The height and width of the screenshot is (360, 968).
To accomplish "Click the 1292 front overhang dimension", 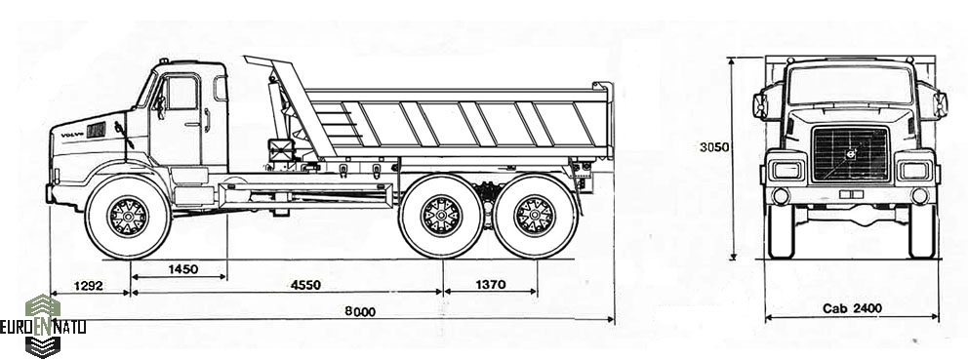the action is click(x=88, y=286).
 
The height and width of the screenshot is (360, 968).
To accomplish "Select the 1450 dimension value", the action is click(x=182, y=269).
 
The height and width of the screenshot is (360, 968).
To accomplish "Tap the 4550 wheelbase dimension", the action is click(x=305, y=285).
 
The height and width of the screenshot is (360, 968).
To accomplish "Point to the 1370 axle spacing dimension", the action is click(x=490, y=285).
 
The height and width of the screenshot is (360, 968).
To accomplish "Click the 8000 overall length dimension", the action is click(x=360, y=312).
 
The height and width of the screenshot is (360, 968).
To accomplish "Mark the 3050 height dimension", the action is click(x=714, y=147).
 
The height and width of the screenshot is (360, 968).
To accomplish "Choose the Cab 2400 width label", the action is click(x=852, y=308).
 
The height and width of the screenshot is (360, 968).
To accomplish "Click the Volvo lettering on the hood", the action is click(x=72, y=134).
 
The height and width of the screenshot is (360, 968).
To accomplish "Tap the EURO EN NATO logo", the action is click(x=43, y=326).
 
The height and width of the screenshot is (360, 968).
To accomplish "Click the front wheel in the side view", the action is click(x=128, y=217).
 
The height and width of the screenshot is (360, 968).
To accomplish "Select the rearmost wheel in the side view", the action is click(x=536, y=217).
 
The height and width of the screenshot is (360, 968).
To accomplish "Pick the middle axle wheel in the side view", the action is click(x=441, y=217).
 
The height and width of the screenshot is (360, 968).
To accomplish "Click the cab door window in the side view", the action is click(x=182, y=93).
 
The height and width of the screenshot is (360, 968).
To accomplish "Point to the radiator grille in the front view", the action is click(x=851, y=154).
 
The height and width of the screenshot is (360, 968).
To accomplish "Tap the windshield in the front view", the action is click(x=850, y=85).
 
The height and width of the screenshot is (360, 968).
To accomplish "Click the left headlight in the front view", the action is click(x=786, y=170).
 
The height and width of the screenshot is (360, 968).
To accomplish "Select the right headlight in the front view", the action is click(x=914, y=170).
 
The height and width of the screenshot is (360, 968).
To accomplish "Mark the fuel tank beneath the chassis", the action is click(x=305, y=194).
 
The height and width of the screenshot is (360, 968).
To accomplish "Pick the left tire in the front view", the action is click(x=781, y=231).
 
